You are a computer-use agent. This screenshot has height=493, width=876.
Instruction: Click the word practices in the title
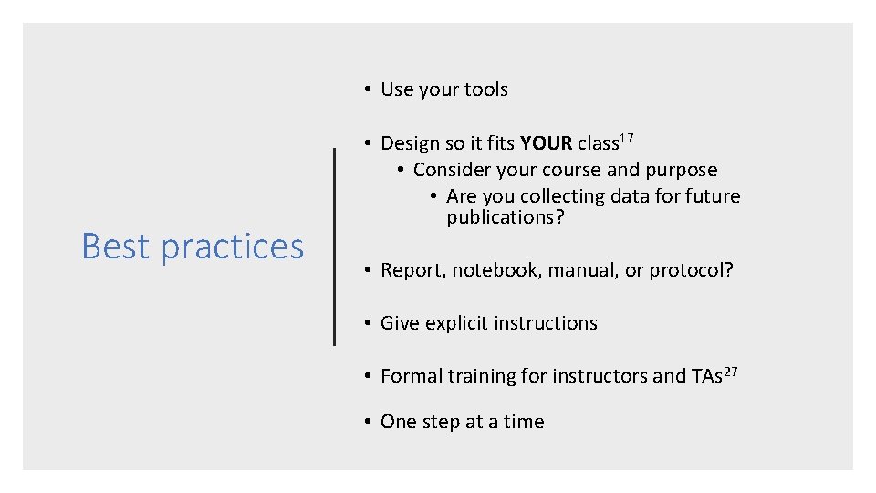click(x=232, y=247)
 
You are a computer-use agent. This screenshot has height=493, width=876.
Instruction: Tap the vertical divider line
click(x=335, y=246)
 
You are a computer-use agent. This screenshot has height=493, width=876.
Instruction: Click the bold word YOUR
click(x=546, y=143)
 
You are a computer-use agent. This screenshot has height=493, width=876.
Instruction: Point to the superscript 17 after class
click(x=625, y=138)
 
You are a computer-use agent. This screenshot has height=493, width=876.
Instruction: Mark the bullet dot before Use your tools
click(x=365, y=89)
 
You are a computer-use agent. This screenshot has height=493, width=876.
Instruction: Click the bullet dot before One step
click(x=365, y=422)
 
